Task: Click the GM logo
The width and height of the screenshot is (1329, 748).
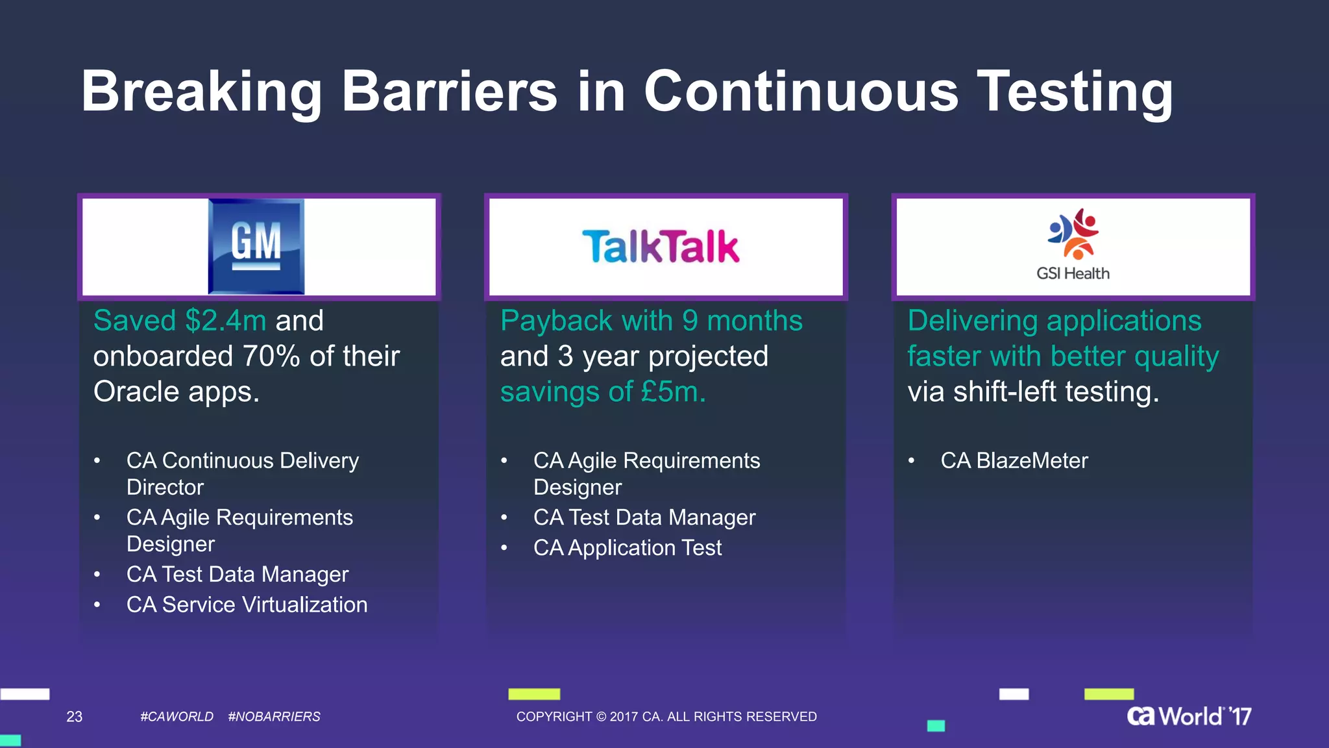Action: [256, 247]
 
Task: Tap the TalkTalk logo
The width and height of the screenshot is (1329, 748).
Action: [661, 247]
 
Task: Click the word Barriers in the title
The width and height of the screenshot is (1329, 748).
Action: [449, 92]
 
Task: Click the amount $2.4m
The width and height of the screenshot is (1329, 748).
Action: [225, 321]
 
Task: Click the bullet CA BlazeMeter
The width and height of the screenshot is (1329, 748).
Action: [1014, 460]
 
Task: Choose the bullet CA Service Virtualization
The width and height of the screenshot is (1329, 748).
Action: [247, 605]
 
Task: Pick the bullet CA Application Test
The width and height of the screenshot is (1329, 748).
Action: [627, 548]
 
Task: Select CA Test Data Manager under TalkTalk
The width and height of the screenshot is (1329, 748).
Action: [644, 517]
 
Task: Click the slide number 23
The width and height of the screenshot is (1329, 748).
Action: [75, 717]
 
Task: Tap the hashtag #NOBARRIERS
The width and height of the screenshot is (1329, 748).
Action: [274, 717]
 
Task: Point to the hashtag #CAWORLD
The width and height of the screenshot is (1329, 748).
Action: [177, 717]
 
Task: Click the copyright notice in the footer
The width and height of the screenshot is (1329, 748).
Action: [666, 717]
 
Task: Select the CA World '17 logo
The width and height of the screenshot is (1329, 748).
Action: [1188, 716]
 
